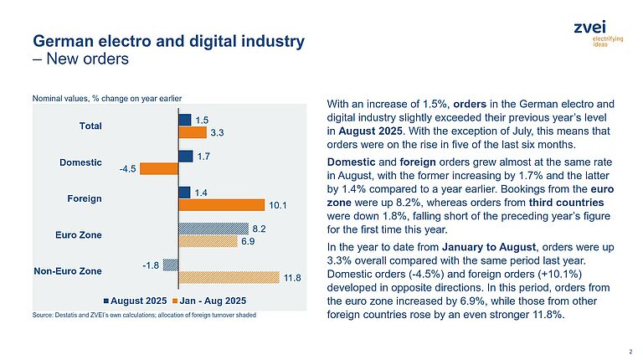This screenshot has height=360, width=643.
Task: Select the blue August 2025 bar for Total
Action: [185, 121]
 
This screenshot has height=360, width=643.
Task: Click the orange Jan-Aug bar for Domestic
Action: [159, 168]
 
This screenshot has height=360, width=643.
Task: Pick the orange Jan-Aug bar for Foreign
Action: [221, 204]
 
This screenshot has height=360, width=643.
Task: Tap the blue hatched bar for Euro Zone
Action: [213, 228]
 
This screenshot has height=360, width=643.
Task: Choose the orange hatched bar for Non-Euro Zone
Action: [229, 276]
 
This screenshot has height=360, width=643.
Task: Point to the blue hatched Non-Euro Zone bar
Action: [171, 265]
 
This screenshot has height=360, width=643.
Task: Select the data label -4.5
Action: [127, 168]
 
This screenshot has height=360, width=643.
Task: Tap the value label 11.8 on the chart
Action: [291, 277]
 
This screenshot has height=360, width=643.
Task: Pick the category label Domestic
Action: [81, 162]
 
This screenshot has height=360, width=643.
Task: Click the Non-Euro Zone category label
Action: [66, 270]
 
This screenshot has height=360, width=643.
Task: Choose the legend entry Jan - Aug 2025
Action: [209, 300]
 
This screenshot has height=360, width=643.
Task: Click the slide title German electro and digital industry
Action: [167, 40]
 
